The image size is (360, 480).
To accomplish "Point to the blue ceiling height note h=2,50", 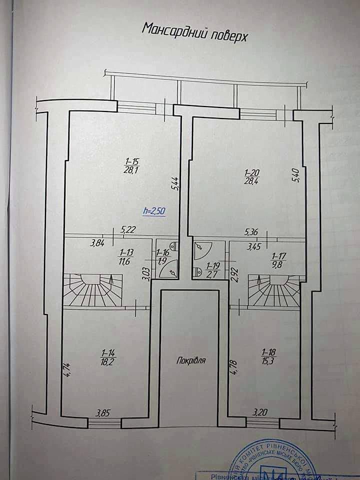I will (153, 211).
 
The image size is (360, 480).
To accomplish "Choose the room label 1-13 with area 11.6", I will (119, 257).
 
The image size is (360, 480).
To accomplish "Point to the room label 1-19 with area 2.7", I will (212, 270).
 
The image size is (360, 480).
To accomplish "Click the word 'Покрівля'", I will (188, 360).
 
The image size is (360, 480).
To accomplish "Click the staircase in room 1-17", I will (274, 291).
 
